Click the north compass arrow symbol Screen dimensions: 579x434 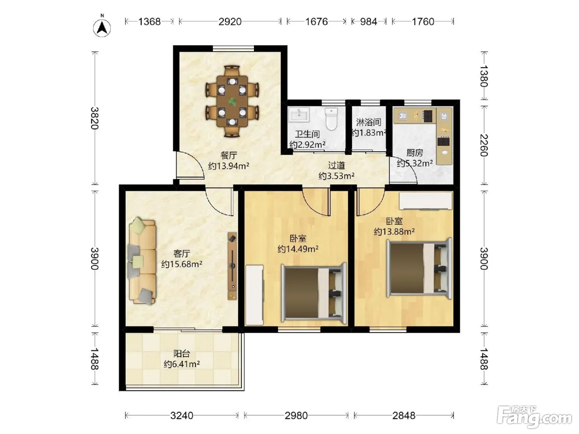point(102,28)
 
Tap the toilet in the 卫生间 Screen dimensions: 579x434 point(331,119)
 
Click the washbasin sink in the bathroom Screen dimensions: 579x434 point(299,114)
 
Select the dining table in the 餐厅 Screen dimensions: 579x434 point(232,101)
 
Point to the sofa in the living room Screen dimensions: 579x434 point(142,261)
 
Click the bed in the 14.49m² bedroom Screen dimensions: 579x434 point(314,293)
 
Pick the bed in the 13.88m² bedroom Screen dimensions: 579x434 point(419,268)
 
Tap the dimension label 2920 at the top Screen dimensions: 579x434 point(230,21)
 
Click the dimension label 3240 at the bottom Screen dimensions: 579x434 point(182,415)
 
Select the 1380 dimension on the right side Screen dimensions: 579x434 point(483,76)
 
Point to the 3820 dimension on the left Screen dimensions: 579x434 point(95,118)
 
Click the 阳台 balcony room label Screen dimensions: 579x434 point(182,353)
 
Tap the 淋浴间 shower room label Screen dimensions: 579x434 point(368,122)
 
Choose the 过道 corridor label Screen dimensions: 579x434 point(336,165)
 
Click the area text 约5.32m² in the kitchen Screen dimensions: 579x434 point(415,163)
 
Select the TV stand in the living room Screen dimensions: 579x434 point(232,266)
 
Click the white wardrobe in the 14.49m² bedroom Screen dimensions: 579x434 point(254,295)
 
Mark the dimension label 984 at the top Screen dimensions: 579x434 point(368,21)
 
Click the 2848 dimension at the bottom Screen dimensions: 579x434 point(404,415)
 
